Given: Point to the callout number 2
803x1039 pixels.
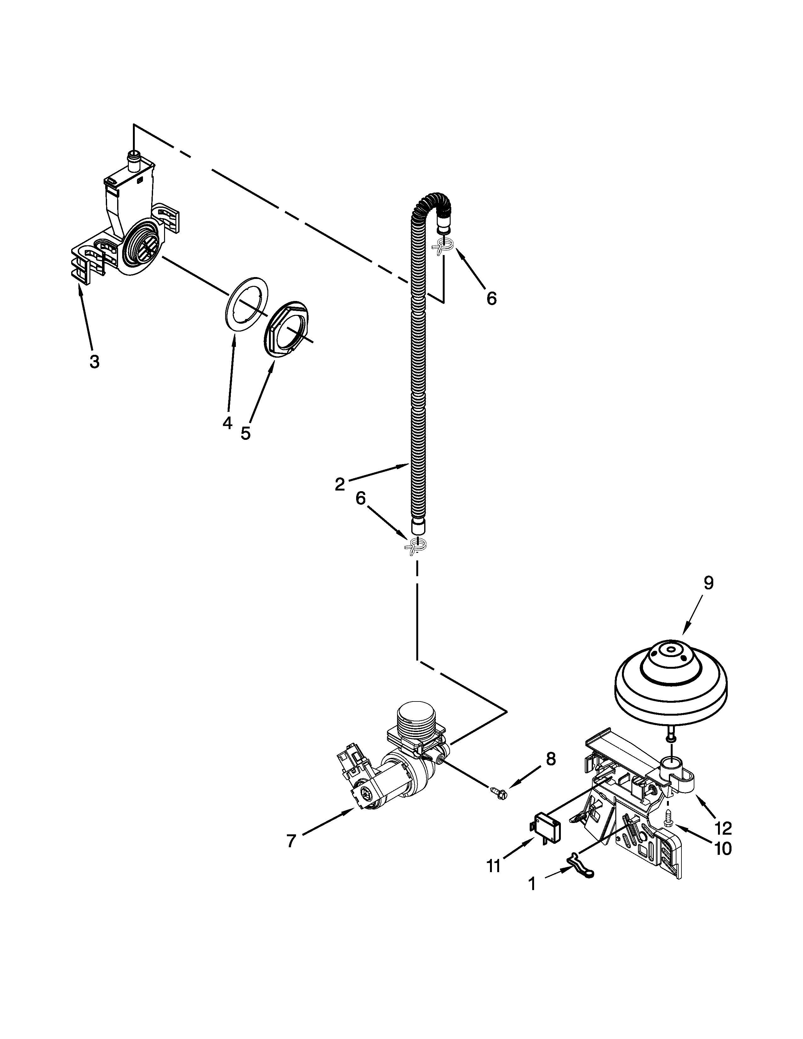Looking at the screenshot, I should pyautogui.click(x=340, y=484).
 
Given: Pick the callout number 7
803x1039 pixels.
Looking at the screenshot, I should pyautogui.click(x=292, y=841).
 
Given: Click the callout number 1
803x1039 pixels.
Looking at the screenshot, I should pyautogui.click(x=532, y=884).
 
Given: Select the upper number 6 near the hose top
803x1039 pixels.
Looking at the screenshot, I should pyautogui.click(x=492, y=298).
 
